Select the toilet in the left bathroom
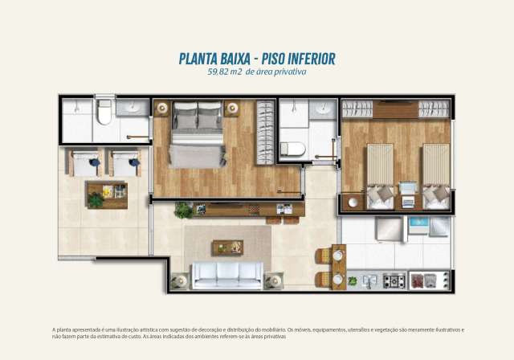pyautogui.click(x=104, y=116)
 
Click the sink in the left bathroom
pyautogui.click(x=131, y=107)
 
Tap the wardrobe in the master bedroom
pyautogui.click(x=265, y=132)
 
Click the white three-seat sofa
pyautogui.click(x=226, y=275)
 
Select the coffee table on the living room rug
pyautogui.click(x=227, y=247)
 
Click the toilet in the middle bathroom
pyautogui.click(x=293, y=149)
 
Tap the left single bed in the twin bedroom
pyautogui.click(x=379, y=175)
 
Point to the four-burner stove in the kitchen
pyautogui.click(x=394, y=280)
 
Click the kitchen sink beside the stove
pyautogui.click(x=369, y=280)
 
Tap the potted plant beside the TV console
pyautogui.click(x=184, y=211)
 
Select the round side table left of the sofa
pyautogui.click(x=179, y=280)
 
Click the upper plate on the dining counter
pyautogui.click(x=337, y=256)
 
